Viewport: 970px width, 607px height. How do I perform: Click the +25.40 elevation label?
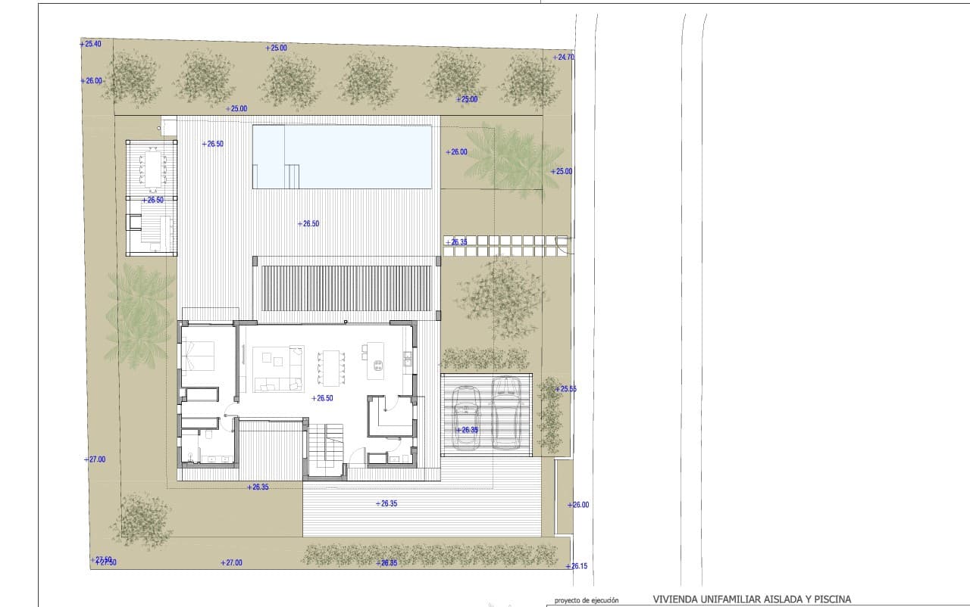click(x=90, y=45)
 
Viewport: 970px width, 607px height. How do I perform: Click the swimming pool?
click(x=343, y=157)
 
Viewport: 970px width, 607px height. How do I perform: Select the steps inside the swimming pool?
click(x=293, y=176)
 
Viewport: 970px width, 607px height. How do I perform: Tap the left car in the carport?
click(x=465, y=418)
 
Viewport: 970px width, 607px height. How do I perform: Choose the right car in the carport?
click(x=505, y=412)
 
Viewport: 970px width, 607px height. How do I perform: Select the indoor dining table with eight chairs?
click(x=330, y=366)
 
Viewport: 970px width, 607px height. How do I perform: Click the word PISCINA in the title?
click(x=830, y=599)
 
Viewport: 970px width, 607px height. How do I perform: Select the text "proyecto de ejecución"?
click(x=587, y=601)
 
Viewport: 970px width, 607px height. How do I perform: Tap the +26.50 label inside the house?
click(x=322, y=398)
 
